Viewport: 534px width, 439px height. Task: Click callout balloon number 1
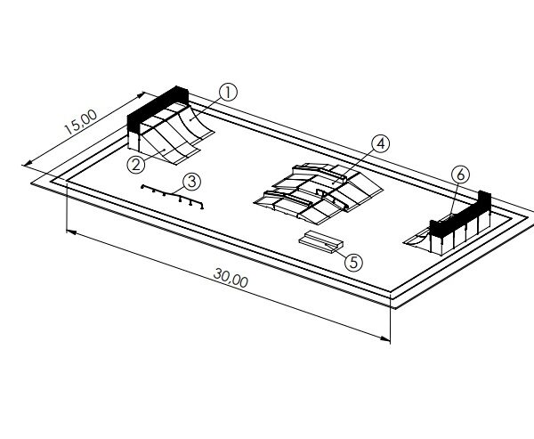click(228, 93)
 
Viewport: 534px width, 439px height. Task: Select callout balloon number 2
click(136, 165)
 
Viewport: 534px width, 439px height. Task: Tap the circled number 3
click(192, 182)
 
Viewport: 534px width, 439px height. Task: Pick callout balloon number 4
click(381, 144)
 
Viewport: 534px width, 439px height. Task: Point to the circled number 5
click(354, 263)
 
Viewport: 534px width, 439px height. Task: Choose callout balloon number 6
click(460, 175)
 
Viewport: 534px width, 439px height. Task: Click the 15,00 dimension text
click(81, 122)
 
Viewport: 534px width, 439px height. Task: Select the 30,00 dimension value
click(231, 278)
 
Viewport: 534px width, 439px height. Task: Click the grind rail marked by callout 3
click(173, 196)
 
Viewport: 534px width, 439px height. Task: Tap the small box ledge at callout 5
click(321, 241)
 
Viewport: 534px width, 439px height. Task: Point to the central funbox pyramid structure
click(319, 193)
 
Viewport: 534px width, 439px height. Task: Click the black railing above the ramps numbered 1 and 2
click(158, 109)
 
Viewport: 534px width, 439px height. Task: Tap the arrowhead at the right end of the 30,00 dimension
click(385, 338)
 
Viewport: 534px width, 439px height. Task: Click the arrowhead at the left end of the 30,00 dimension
click(71, 232)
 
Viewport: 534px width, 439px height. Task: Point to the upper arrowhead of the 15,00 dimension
click(141, 95)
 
